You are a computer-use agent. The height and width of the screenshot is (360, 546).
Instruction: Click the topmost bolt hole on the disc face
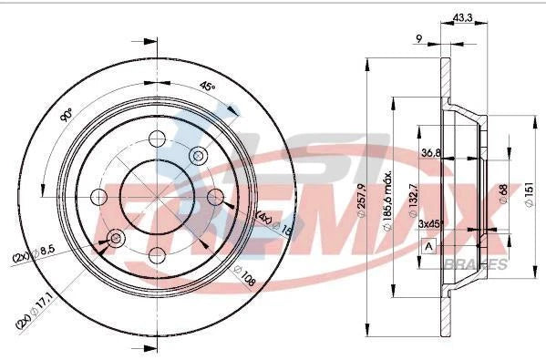157,139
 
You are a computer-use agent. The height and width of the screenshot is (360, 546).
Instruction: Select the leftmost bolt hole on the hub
99,197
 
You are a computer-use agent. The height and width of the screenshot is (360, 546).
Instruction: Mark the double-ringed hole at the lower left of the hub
116,239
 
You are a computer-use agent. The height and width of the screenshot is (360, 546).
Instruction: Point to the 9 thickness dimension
417,37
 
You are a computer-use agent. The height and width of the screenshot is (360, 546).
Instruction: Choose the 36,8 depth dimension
431,154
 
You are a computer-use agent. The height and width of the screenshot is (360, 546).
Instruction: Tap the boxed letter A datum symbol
428,247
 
